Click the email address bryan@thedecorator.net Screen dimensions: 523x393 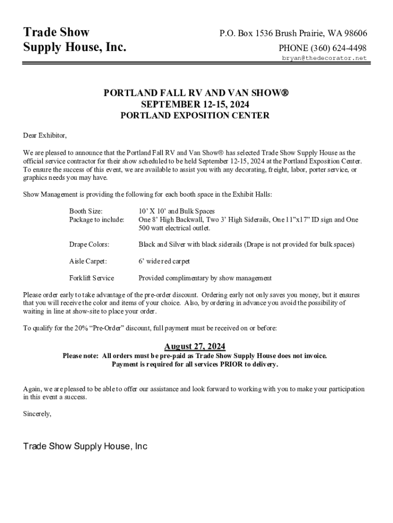point(325,58)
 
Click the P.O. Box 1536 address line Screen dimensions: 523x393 point(293,34)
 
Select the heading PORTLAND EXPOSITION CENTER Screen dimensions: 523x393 point(194,115)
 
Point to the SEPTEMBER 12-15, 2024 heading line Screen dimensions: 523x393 point(194,104)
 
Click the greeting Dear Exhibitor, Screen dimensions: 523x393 point(45,135)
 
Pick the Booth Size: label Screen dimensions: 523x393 point(86,211)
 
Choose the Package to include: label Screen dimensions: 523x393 point(96,220)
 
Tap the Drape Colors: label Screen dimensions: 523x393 point(89,244)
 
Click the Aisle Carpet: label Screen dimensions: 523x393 point(88,261)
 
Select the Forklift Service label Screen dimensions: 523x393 point(91,278)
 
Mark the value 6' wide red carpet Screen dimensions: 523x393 point(164,261)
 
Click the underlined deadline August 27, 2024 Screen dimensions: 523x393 point(194,346)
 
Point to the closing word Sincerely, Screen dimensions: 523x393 point(37,414)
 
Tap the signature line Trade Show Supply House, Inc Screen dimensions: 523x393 point(85,446)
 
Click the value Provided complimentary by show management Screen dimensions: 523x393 point(205,278)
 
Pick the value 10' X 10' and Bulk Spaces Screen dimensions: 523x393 point(177,211)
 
